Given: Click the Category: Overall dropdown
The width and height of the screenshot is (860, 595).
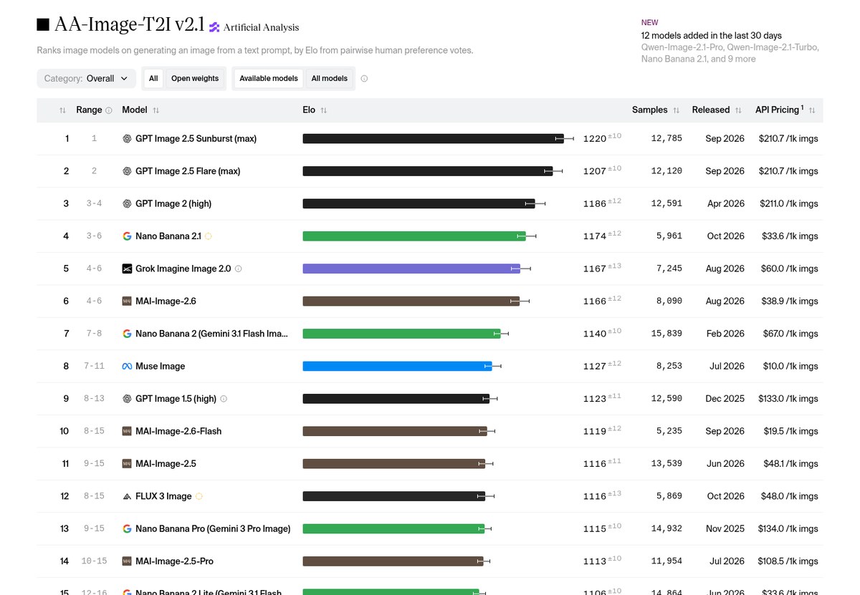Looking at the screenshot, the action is coord(87,79).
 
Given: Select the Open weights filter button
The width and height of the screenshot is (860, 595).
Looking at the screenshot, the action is coord(195,79).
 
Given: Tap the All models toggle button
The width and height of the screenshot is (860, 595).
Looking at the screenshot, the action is coord(330,79).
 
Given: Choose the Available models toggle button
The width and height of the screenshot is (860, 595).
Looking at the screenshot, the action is coord(268,79).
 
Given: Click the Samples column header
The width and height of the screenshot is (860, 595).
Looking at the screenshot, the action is coord(649,110).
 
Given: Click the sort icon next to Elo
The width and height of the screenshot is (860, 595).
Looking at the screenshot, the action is coord(324,110).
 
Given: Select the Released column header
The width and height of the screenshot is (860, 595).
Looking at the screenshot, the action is coord(711,110).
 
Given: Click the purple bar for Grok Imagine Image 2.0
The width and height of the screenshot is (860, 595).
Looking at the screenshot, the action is coord(411,269).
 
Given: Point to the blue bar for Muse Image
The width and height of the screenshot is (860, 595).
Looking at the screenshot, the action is coord(397,366).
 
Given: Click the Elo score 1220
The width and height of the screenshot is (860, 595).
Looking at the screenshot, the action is coord(594,138).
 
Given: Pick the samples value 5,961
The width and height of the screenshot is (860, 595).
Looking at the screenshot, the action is coord(669,236).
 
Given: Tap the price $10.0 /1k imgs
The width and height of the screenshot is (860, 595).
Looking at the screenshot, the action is coord(790,366).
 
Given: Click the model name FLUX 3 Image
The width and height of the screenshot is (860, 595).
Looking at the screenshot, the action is coord(163,496).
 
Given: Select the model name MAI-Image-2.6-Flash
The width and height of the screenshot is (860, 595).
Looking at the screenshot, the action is coord(178,431).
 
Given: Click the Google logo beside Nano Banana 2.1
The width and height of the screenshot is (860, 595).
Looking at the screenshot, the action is coord(127,236).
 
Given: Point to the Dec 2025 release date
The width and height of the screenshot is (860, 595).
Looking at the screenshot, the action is coord(725,399).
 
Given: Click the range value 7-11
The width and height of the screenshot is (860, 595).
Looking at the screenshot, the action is coord(94,366).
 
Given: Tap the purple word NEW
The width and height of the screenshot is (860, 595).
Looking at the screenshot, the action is coord(649,23).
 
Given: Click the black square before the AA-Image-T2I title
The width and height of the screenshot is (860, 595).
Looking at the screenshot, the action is coord(43,24).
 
